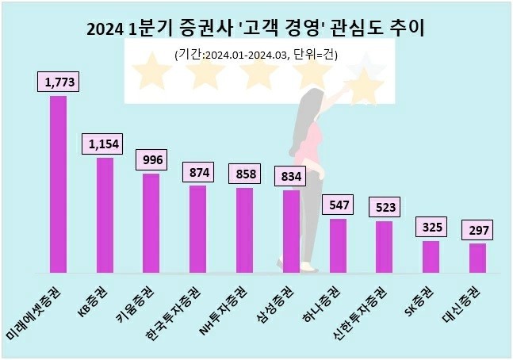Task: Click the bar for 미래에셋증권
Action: pyautogui.click(x=58, y=183)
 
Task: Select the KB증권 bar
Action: pyautogui.click(x=105, y=214)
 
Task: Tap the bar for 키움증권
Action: pyautogui.click(x=151, y=222)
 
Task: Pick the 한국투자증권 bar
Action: pyautogui.click(x=197, y=228)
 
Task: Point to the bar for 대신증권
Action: pyautogui.click(x=477, y=257)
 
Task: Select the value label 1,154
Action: pyautogui.click(x=105, y=144)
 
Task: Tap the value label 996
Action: pyautogui.click(x=151, y=159)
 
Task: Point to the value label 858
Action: pyautogui.click(x=244, y=173)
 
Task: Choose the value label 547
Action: pyautogui.click(x=338, y=204)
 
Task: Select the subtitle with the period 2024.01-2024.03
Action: pyautogui.click(x=255, y=54)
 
